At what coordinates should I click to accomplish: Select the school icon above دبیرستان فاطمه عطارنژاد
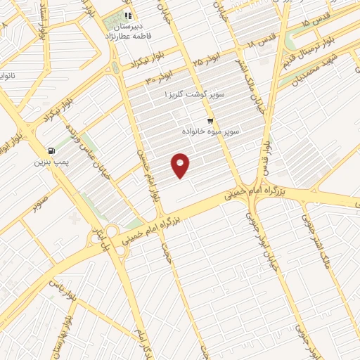pyautogui.click(x=127, y=15)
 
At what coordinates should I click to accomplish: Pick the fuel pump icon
pyautogui.click(x=51, y=150)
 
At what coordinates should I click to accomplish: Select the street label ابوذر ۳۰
pyautogui.click(x=160, y=78)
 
